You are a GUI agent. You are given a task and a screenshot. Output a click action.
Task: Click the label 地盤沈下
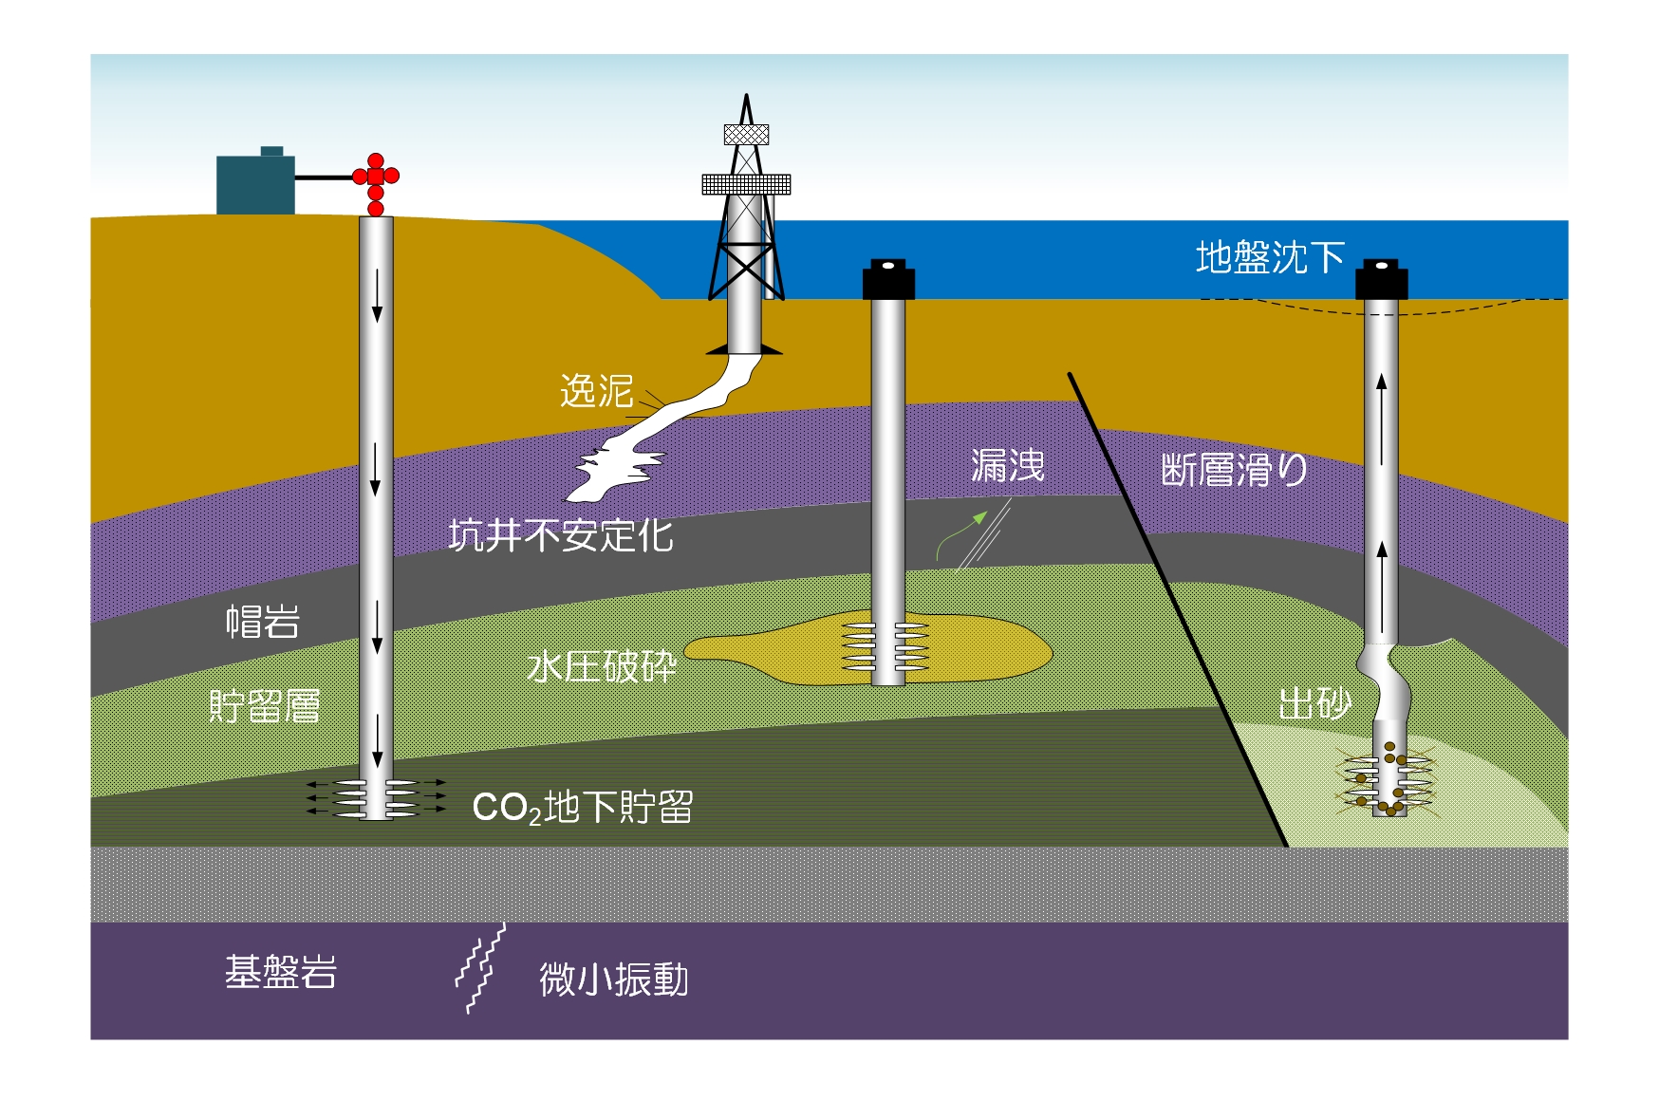tap(1270, 257)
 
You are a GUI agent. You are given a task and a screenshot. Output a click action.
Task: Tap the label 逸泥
tap(596, 391)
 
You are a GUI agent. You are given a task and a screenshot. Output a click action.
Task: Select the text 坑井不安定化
tap(561, 536)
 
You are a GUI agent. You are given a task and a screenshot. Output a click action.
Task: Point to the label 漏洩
tap(1007, 466)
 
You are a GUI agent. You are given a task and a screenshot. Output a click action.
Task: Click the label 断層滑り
tap(1234, 470)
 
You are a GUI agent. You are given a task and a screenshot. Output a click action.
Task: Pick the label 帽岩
tap(263, 622)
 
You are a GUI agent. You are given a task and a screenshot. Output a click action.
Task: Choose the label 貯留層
tap(264, 706)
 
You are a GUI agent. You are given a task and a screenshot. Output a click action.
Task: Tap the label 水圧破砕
tap(602, 666)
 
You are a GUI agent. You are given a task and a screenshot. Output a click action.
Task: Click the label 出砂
tap(1314, 704)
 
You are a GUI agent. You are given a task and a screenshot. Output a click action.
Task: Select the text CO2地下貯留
tap(583, 808)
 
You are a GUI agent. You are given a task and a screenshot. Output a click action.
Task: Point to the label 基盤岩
tap(281, 972)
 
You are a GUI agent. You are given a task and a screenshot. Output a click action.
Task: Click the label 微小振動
tap(614, 980)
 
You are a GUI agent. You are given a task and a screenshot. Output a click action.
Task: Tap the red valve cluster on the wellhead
tap(376, 184)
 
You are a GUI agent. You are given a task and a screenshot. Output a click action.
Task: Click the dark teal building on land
tap(255, 181)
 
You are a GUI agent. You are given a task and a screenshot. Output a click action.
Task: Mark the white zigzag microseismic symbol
tap(480, 968)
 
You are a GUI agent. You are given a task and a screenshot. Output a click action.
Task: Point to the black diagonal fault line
tap(1178, 608)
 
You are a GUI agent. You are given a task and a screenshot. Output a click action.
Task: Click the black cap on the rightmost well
tap(1381, 278)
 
